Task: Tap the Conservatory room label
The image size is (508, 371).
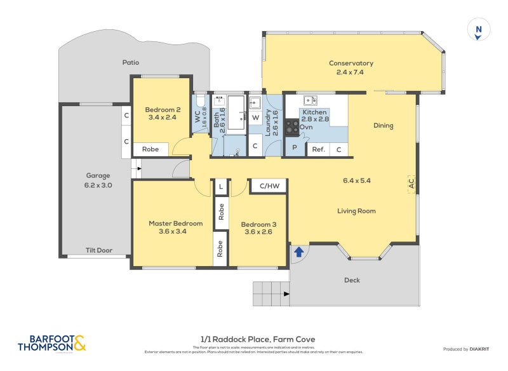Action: (x=351, y=63)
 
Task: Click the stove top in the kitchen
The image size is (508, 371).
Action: (x=292, y=127)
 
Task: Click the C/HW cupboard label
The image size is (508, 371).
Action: (x=269, y=185)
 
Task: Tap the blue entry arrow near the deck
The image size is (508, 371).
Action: (x=298, y=252)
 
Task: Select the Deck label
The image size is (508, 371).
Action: (x=352, y=280)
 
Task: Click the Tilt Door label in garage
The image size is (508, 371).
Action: (x=98, y=250)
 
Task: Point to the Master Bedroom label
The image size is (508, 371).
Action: (x=176, y=224)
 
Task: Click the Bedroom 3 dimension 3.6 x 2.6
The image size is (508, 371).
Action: (x=257, y=232)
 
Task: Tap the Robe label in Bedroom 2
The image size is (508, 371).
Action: (x=150, y=150)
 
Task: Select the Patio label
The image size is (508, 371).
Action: (x=131, y=62)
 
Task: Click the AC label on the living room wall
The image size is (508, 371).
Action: (x=411, y=183)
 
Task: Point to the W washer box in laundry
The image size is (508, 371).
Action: (x=255, y=118)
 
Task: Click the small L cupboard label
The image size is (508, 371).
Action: (x=220, y=186)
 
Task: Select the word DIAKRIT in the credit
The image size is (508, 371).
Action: (x=482, y=349)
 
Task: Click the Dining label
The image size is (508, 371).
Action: (x=383, y=125)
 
